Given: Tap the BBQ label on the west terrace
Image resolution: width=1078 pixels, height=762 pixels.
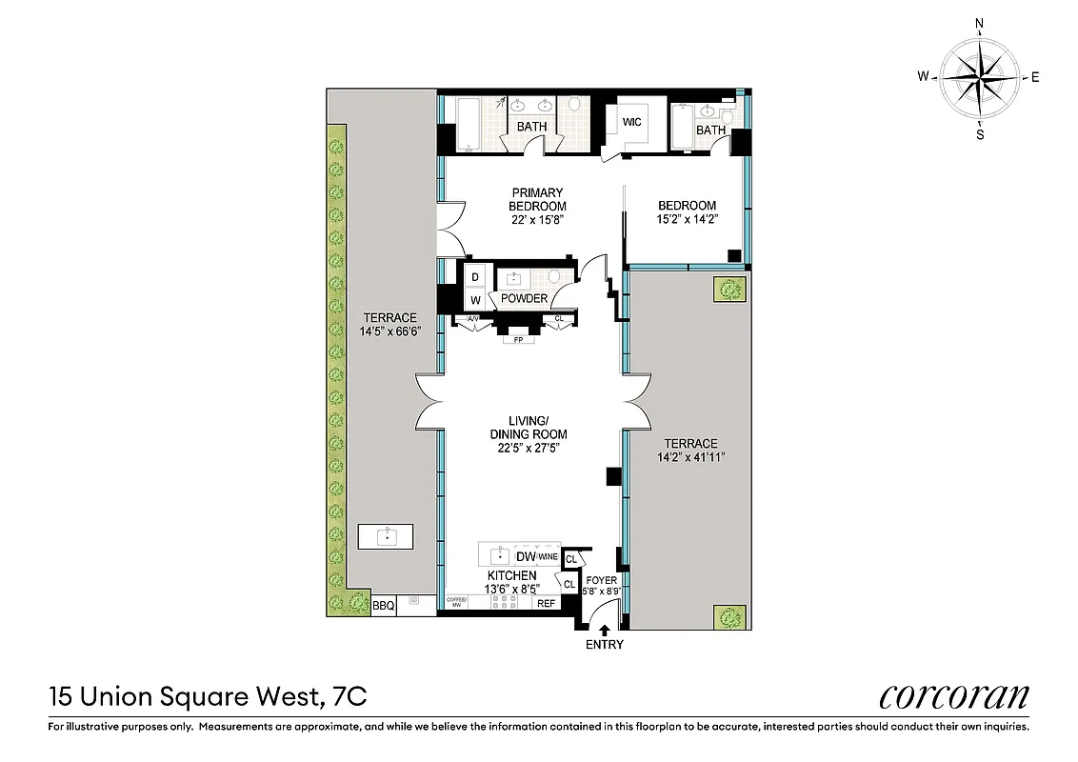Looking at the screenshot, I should [383, 605].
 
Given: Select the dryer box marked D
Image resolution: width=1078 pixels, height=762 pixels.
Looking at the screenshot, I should [474, 277].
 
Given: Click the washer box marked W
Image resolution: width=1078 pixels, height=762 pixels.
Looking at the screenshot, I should [474, 300].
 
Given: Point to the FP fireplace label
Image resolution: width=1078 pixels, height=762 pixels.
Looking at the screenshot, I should [519, 339].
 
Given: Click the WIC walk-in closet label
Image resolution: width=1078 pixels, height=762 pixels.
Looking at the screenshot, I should [632, 123].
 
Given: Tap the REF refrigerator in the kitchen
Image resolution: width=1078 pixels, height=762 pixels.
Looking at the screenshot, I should [546, 603].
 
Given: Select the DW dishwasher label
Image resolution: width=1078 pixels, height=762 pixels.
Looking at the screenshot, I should [525, 556].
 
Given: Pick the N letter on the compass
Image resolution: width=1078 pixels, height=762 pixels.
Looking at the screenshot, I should [979, 23].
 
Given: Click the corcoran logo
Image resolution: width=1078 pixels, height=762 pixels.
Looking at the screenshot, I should [953, 696].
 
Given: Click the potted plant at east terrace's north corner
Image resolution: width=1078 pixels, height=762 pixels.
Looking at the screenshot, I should [729, 289].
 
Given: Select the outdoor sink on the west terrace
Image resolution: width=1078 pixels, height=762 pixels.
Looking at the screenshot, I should [387, 536].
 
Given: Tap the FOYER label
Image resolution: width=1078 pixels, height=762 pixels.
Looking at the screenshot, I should [602, 579].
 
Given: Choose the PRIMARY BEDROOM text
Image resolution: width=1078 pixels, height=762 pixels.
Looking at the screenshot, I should [537, 199].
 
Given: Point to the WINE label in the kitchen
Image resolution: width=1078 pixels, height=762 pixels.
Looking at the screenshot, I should [548, 556].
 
